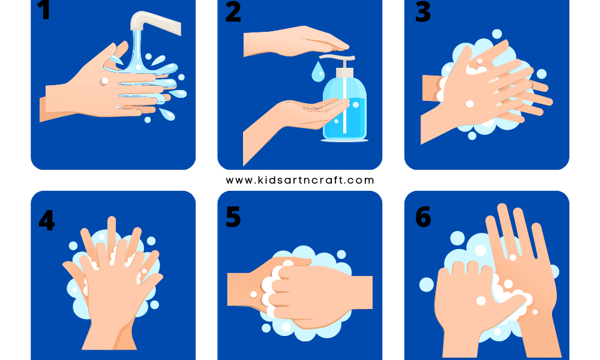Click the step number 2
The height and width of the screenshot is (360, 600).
[x=233, y=12]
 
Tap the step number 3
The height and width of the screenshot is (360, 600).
[x=422, y=12]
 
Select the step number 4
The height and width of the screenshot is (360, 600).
[x=46, y=220]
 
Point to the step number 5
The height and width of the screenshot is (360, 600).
[x=233, y=217]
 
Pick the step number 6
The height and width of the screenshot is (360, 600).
[x=422, y=217]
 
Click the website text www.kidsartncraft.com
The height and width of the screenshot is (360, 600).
[x=299, y=180]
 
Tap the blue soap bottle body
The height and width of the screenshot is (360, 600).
[x=345, y=111]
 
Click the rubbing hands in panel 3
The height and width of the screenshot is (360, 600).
[x=486, y=90]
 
